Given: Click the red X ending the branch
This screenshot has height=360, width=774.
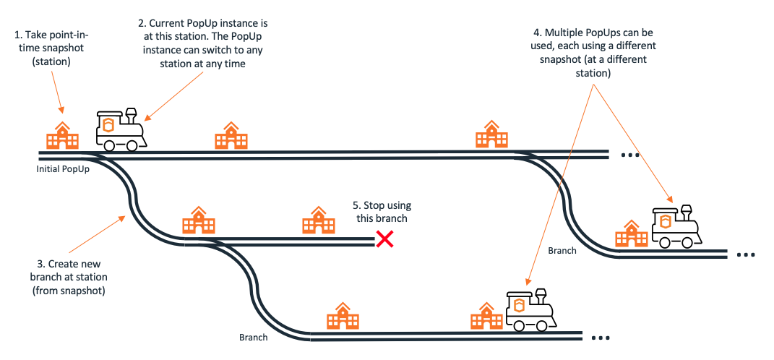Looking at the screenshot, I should [x=384, y=239].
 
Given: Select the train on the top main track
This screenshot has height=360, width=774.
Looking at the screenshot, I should [x=120, y=130].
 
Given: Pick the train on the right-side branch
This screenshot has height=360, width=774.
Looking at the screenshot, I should [x=676, y=227].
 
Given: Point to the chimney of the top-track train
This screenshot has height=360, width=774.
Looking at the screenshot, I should [x=131, y=113].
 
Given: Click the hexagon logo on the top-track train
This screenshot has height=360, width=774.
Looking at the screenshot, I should [x=109, y=124].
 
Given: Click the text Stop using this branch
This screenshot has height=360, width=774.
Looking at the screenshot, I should [x=381, y=212].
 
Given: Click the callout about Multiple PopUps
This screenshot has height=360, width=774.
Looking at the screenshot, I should [x=593, y=53].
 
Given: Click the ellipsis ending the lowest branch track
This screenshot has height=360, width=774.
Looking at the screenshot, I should [x=601, y=338].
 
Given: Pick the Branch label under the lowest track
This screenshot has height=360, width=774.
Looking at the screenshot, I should [x=253, y=337].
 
